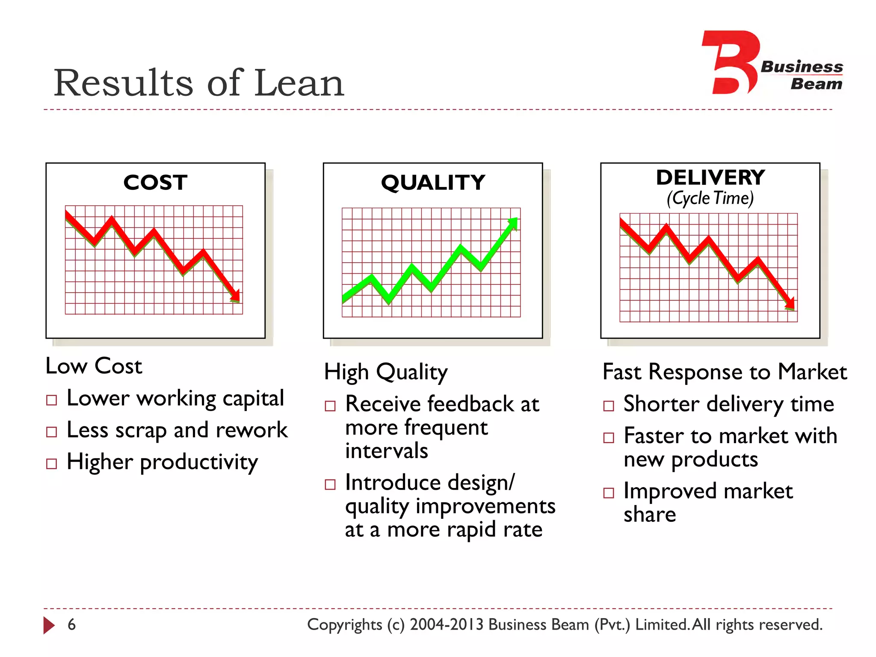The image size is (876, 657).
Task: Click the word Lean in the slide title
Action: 299,83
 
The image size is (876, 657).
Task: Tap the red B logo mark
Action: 730,62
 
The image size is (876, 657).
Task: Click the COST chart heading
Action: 155,183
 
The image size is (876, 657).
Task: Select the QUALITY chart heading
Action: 433,183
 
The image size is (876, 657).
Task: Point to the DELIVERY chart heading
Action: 710,178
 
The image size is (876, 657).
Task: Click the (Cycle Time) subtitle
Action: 710,198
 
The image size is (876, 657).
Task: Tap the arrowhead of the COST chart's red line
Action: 235,296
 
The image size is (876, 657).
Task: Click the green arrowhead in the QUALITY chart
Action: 513,223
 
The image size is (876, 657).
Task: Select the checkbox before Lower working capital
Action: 52,400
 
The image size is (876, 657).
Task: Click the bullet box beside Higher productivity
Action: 52,464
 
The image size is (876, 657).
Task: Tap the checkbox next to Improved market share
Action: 609,493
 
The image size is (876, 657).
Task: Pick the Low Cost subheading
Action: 94,366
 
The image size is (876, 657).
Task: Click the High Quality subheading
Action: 386,372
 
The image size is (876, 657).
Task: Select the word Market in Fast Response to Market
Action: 812,372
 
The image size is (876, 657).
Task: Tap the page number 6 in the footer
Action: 72,624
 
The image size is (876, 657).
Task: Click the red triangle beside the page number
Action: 49,625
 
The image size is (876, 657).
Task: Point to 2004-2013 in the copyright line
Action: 446,624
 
